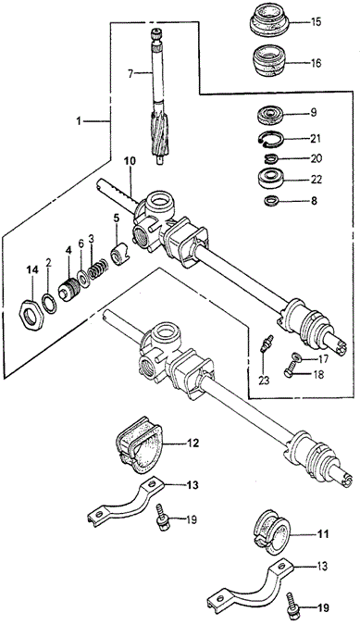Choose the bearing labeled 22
click(x=272, y=178)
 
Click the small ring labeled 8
click(x=271, y=201)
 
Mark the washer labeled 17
click(x=295, y=356)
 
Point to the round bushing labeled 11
click(x=272, y=532)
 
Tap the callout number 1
click(x=79, y=120)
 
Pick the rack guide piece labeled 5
click(x=118, y=256)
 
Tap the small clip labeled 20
click(x=271, y=159)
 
